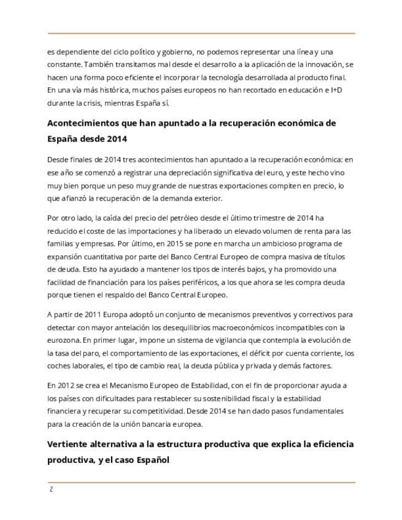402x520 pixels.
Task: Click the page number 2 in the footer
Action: click(51, 490)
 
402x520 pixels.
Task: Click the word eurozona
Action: click(63, 340)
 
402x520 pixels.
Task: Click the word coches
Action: click(60, 366)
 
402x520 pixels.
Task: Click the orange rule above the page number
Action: click(201, 483)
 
